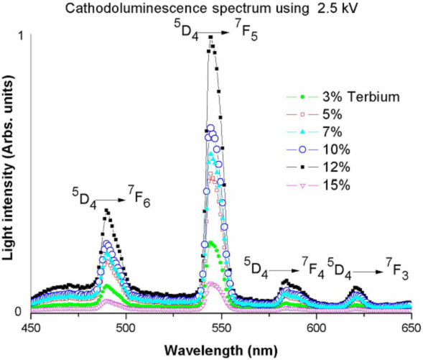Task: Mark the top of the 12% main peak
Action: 211,37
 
